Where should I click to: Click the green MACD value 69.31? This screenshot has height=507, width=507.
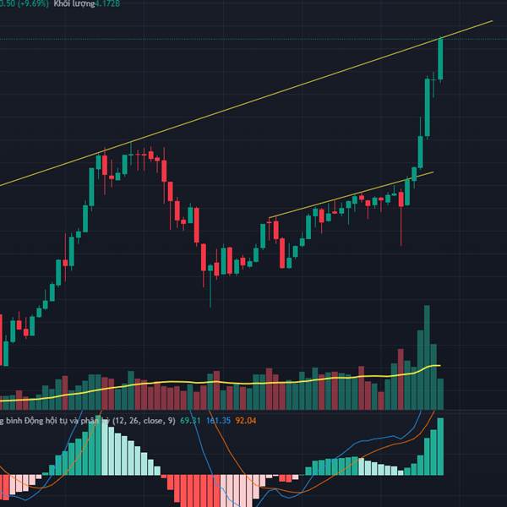coord(191,420)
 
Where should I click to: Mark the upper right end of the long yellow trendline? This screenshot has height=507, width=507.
coord(491,21)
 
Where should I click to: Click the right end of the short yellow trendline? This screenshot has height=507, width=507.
coord(433,172)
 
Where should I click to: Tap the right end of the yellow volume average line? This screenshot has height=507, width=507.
coord(440,366)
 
